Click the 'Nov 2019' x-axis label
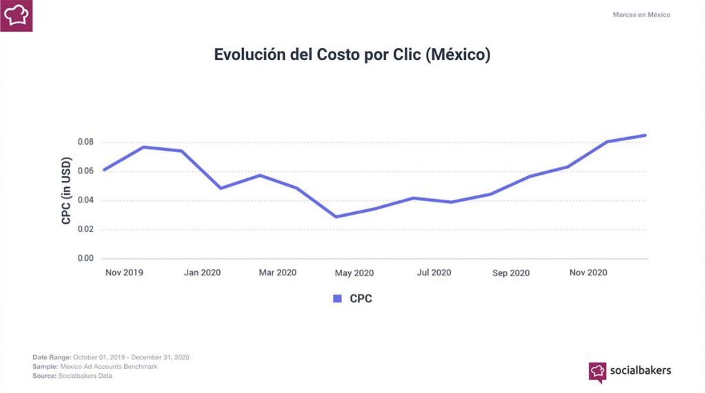(x=124, y=273)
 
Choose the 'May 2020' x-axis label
(x=354, y=273)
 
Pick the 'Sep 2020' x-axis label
(x=510, y=273)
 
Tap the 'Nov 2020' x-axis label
(x=587, y=273)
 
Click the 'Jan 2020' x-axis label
(x=202, y=273)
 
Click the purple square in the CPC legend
(x=337, y=299)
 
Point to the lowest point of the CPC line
(x=336, y=217)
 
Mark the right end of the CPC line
(x=645, y=135)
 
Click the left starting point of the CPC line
(x=103, y=170)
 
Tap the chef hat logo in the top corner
(x=17, y=15)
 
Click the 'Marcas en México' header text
(x=641, y=14)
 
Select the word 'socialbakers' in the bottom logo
(x=640, y=370)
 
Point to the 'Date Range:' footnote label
(x=52, y=357)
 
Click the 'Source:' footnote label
(x=46, y=376)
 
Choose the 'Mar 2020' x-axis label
(x=277, y=273)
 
